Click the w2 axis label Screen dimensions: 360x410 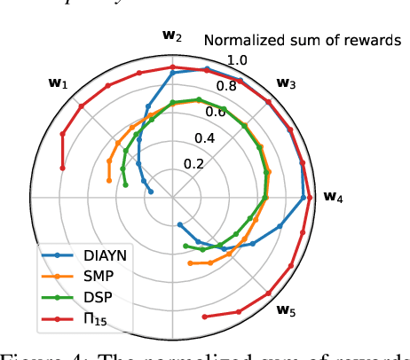(x=172, y=37)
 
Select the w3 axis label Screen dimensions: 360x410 (x=286, y=83)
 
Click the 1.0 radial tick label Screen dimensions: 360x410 (x=238, y=59)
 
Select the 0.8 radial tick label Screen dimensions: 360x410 (x=228, y=86)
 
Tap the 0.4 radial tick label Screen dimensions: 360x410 (x=206, y=137)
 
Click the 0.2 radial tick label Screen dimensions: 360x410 (x=195, y=164)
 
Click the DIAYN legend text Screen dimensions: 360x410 (x=105, y=255)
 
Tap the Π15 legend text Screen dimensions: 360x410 (x=94, y=319)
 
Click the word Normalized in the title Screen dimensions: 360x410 (x=240, y=40)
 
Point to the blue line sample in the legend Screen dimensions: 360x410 (x=59, y=255)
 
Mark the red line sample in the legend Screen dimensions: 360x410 (x=59, y=319)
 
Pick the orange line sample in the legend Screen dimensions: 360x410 (x=59, y=277)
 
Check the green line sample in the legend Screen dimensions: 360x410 (x=59, y=298)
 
